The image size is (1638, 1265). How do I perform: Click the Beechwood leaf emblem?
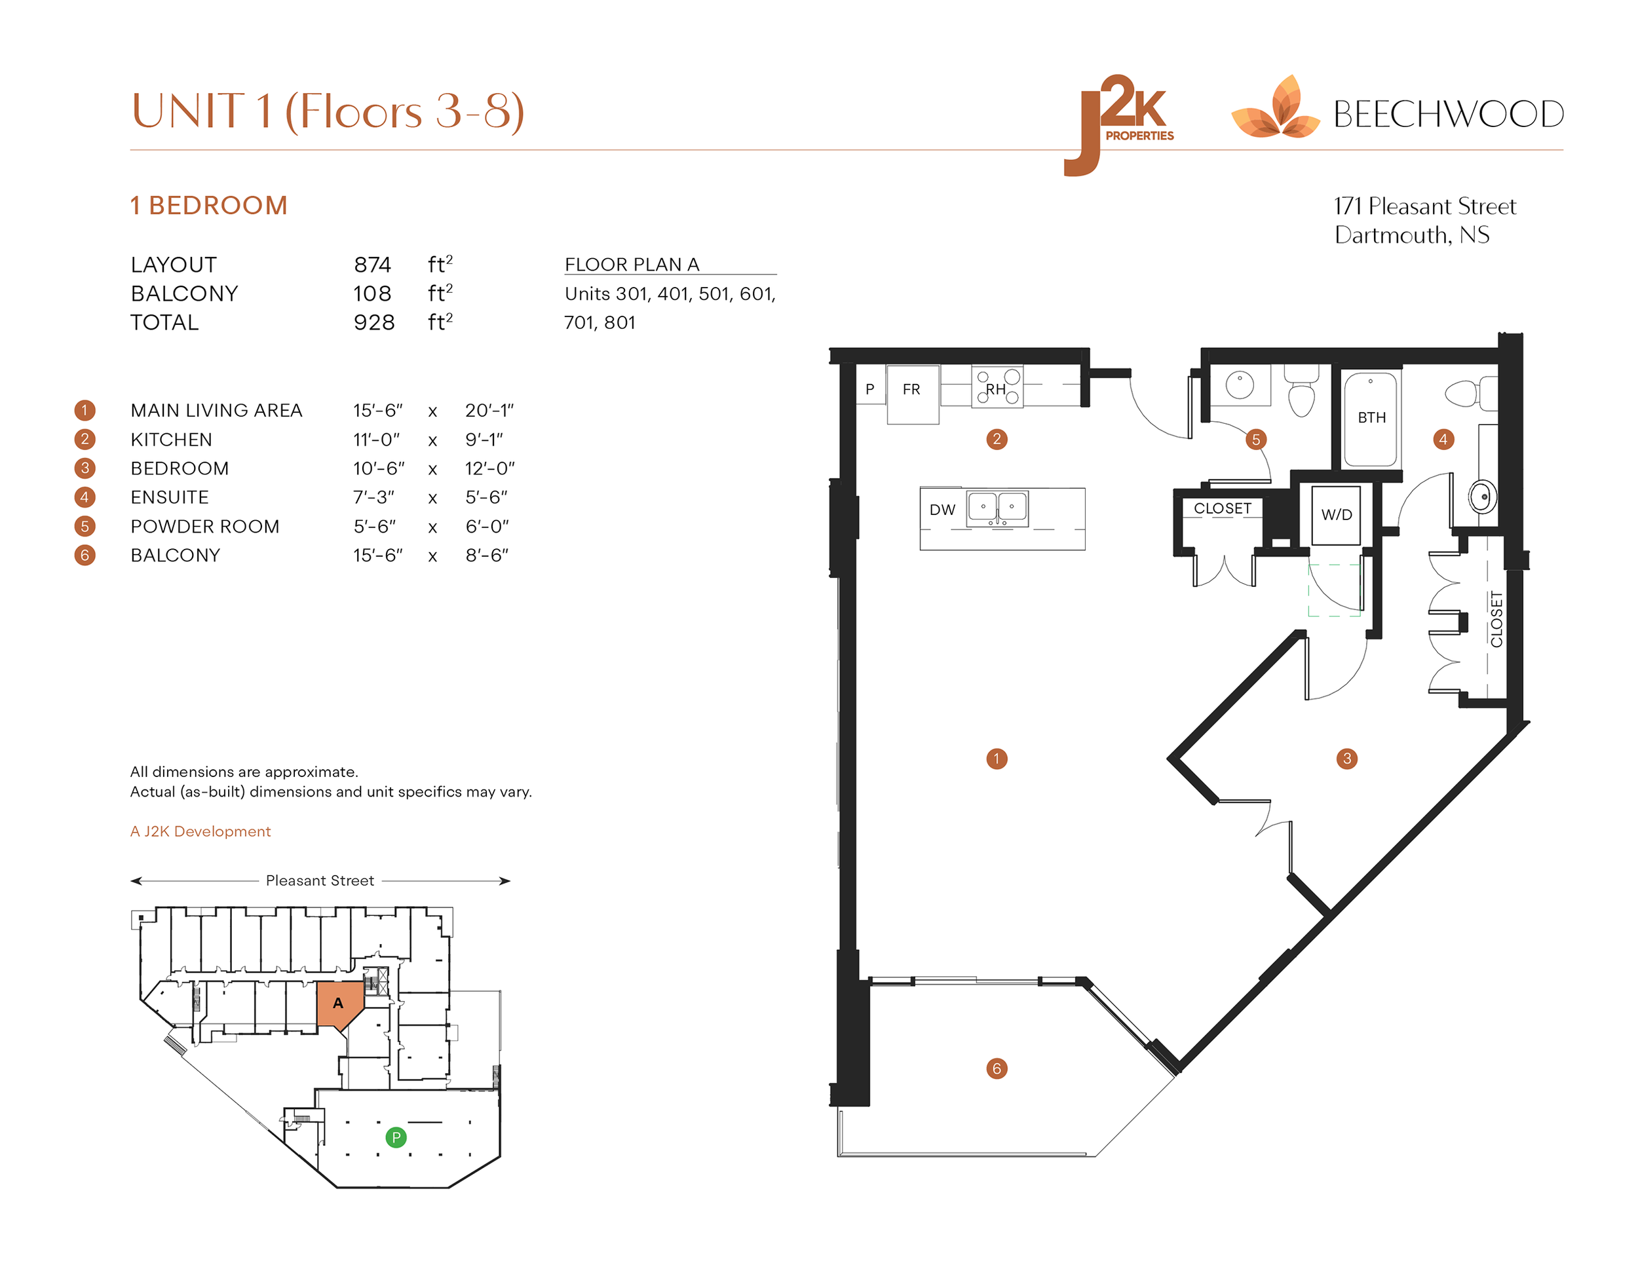(x=1275, y=109)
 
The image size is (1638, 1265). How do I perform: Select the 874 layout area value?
(x=372, y=265)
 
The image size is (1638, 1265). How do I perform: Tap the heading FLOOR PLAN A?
(x=632, y=265)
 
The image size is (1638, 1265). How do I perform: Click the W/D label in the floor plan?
(x=1336, y=515)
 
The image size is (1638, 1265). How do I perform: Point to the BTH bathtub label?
(x=1371, y=418)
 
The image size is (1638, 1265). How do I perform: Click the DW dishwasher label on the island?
(x=942, y=510)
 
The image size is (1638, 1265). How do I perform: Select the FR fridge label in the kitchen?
(x=911, y=389)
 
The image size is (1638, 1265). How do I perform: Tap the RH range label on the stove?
(x=995, y=389)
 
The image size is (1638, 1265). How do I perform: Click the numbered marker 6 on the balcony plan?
(x=996, y=1068)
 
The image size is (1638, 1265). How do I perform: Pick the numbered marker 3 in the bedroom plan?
(x=1346, y=759)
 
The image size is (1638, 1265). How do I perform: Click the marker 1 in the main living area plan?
(x=996, y=759)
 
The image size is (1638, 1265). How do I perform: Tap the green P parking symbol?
(x=395, y=1137)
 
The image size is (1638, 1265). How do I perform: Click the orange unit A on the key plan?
(x=338, y=1004)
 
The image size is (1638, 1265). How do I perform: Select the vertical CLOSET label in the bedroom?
(x=1496, y=619)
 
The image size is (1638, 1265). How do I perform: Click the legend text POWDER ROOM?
(x=204, y=527)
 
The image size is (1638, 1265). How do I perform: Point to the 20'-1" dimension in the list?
(x=489, y=411)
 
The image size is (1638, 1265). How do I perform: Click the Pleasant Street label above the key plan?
(x=320, y=880)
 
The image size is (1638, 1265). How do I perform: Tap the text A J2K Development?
(x=200, y=831)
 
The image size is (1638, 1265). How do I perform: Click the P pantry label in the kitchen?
(x=869, y=389)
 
